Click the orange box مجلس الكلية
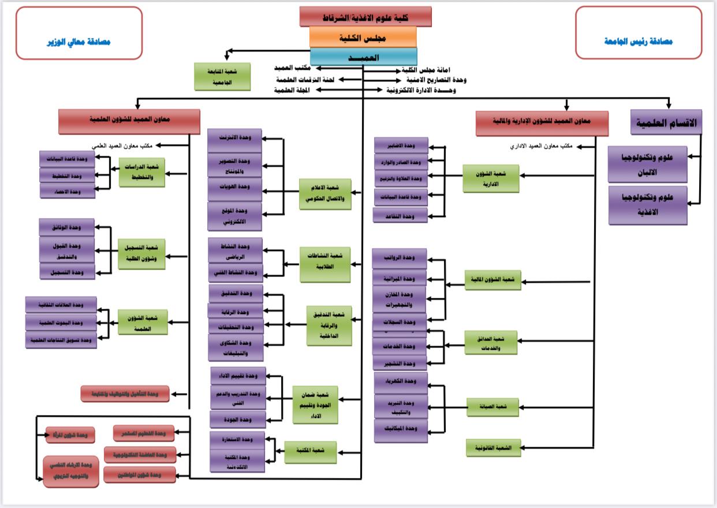tap(363, 37)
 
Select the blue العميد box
tap(363, 57)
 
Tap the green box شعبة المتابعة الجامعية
tap(222, 77)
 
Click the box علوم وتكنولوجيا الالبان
tap(648, 164)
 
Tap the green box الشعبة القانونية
tap(493, 448)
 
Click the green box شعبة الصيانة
tap(492, 407)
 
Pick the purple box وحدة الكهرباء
tap(401, 382)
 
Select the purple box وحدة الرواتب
tap(399, 258)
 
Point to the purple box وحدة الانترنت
tap(235, 139)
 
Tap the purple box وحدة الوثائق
tap(67, 227)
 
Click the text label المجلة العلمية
tap(293, 91)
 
